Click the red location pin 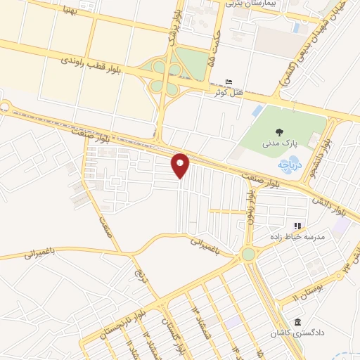point(181,165)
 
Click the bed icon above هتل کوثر point(226,82)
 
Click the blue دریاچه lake point(290,164)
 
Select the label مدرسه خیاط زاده point(299,237)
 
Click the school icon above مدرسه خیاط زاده point(297,226)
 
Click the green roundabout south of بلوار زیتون point(248,254)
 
